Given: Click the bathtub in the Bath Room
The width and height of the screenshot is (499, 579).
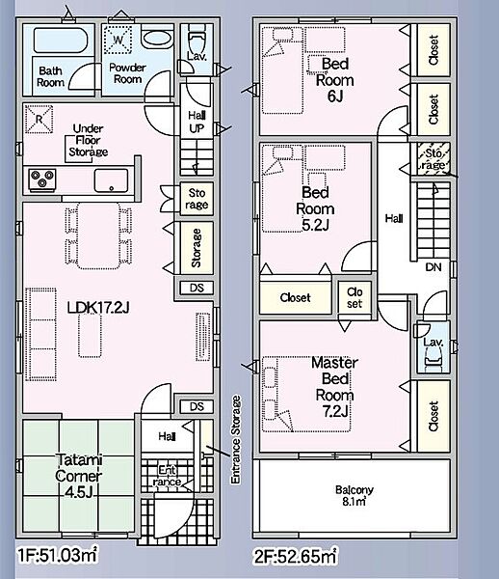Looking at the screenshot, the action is (x=61, y=40).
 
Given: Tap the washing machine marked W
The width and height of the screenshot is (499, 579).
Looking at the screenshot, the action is (x=118, y=40).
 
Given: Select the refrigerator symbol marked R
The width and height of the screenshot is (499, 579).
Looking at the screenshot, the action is (x=39, y=119).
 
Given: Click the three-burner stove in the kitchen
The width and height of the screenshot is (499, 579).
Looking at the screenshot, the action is (x=42, y=179).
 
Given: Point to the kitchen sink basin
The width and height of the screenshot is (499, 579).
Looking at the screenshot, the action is (x=111, y=180).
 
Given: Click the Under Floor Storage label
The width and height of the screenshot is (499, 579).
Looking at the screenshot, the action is (x=89, y=140).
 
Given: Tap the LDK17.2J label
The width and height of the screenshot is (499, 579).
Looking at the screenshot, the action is (x=98, y=307).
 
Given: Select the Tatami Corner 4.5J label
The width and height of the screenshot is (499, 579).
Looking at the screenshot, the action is (x=78, y=476).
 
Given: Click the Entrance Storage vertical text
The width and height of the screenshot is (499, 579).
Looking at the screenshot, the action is (x=235, y=439).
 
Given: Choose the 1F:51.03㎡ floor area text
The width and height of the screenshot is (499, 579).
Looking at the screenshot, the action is (x=58, y=555).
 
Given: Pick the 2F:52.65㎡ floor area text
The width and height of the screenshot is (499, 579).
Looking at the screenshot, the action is (x=295, y=556).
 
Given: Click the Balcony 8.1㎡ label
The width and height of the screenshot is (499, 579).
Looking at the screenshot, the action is (x=355, y=496).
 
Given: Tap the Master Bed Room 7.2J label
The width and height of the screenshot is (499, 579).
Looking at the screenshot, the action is (x=334, y=387).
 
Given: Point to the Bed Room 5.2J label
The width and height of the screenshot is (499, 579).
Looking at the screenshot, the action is (x=315, y=208).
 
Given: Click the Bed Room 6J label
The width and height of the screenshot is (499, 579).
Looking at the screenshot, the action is (x=334, y=80).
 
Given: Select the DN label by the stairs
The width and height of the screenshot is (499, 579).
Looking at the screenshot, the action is (x=433, y=267).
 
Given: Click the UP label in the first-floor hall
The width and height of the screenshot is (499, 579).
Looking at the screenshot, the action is (x=197, y=128).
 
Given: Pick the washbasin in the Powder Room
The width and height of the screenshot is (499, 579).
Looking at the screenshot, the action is (x=157, y=39).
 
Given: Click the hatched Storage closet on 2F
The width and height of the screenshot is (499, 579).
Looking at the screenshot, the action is (x=433, y=158).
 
